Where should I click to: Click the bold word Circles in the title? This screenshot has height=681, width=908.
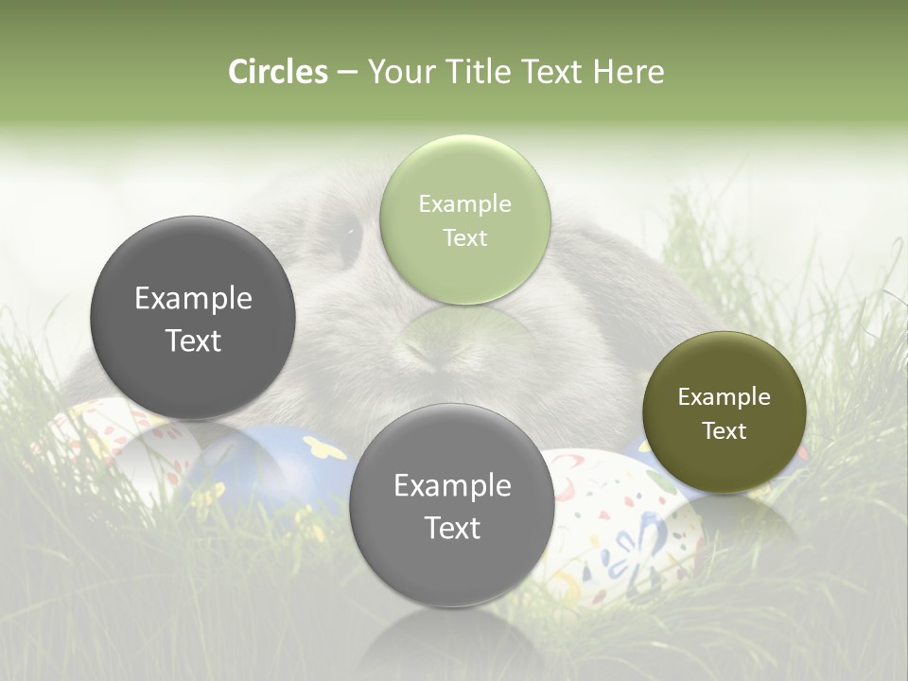[x=278, y=72]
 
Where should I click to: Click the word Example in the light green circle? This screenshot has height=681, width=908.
[x=464, y=204]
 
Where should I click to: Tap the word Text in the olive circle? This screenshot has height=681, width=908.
[x=725, y=431]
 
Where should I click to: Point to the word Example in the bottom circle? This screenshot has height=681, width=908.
[x=452, y=486]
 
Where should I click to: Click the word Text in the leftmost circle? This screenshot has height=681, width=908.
[x=193, y=340]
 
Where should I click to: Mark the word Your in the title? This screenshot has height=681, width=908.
[x=396, y=72]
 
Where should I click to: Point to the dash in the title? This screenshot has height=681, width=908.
[x=346, y=73]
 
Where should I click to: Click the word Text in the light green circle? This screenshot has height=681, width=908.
[x=464, y=238]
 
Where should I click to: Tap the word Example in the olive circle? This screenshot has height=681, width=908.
[x=724, y=397]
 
